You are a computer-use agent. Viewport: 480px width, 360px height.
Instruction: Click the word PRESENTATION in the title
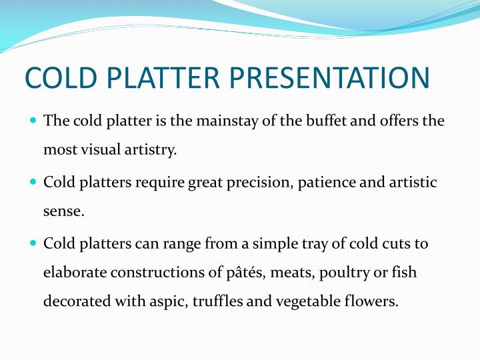(x=330, y=77)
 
